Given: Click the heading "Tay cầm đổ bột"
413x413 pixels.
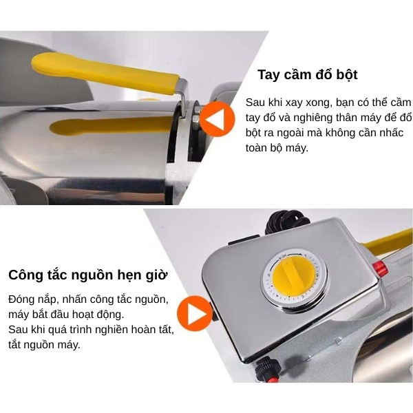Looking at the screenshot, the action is tap(308, 75).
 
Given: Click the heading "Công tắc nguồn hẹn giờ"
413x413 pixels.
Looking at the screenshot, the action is tap(88, 275).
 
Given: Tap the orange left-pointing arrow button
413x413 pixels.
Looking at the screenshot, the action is tap(217, 119).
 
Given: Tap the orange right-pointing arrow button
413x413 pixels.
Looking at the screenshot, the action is tap(195, 313).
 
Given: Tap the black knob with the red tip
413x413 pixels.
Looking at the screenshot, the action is tap(267, 370).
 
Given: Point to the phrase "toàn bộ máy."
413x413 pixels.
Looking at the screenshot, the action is tap(277, 148).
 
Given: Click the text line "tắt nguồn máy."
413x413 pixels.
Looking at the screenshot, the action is tap(44, 345).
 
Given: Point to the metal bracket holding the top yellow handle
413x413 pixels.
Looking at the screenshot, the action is tap(183, 97).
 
